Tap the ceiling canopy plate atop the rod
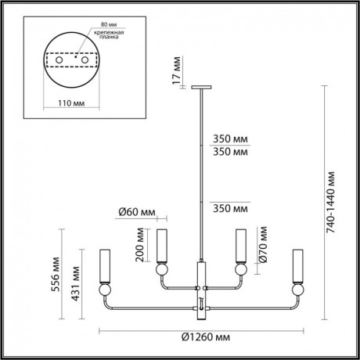pyautogui.click(x=201, y=87)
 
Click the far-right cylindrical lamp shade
pyautogui.click(x=297, y=266)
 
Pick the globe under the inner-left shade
pyautogui.click(x=161, y=270)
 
